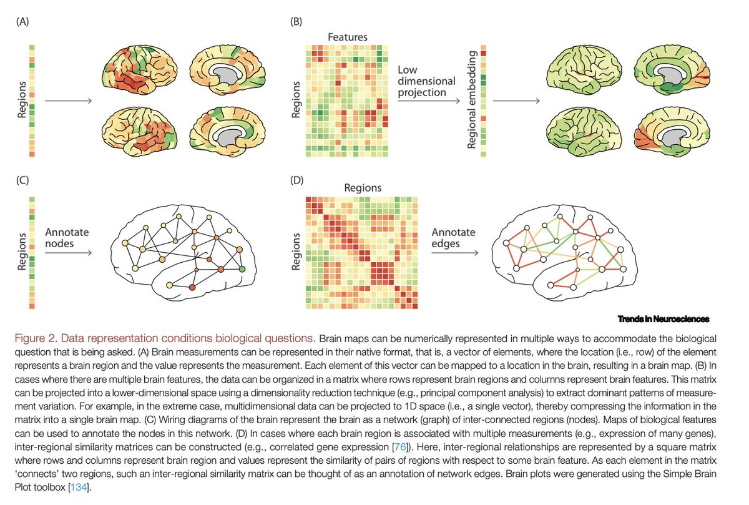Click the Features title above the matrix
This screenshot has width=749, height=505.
point(347,37)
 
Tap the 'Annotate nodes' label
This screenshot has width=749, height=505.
point(67,238)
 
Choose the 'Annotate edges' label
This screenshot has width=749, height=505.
point(453,238)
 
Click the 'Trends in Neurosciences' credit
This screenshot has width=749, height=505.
point(663,319)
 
